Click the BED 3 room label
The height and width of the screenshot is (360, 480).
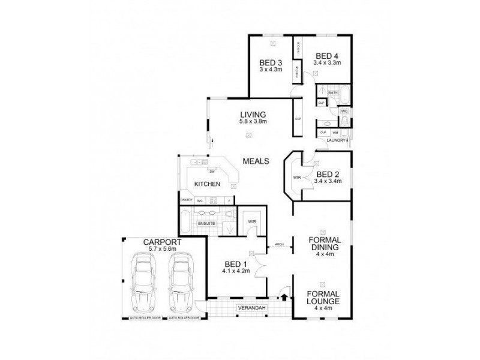(271, 62)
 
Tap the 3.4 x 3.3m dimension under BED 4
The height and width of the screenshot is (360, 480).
(328, 62)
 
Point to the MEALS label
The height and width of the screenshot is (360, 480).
(255, 161)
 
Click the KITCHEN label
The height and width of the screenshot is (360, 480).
(207, 184)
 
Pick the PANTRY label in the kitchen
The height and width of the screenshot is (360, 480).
(186, 200)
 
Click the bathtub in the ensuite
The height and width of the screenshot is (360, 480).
(185, 221)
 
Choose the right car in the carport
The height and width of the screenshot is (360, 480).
(181, 280)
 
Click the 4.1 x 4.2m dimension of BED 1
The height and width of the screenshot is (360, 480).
(235, 271)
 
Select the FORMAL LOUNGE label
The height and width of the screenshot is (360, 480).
(322, 298)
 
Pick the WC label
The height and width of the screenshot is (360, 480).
(344, 112)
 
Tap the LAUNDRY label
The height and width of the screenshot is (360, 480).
(335, 140)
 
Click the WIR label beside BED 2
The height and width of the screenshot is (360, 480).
(296, 178)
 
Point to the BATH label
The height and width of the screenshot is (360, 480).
(334, 93)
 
